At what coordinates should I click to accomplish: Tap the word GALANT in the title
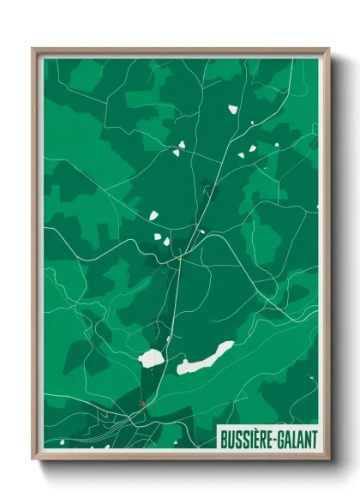(297, 439)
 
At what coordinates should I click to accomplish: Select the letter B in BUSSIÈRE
(225, 439)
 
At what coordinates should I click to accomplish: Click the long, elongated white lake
(205, 358)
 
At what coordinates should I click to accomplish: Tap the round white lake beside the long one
(152, 358)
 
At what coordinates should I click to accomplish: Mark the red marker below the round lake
(143, 403)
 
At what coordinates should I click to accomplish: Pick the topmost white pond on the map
(231, 109)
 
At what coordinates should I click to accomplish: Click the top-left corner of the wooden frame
(33, 49)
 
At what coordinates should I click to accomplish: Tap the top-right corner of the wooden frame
(328, 49)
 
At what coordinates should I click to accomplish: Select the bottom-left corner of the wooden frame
(33, 459)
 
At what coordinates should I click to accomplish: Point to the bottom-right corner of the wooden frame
(328, 459)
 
